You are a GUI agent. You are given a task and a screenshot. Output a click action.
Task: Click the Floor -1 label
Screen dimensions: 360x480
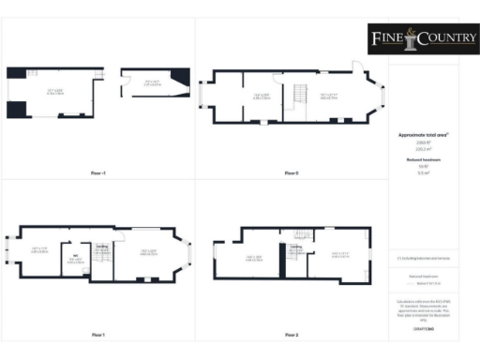tap(98, 173)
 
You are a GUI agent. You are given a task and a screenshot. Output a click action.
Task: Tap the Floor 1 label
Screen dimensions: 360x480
tap(98, 335)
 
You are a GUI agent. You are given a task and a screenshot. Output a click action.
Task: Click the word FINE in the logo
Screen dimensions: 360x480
tap(383, 38)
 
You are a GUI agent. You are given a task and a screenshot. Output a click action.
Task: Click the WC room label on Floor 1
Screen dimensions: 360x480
tap(74, 254)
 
